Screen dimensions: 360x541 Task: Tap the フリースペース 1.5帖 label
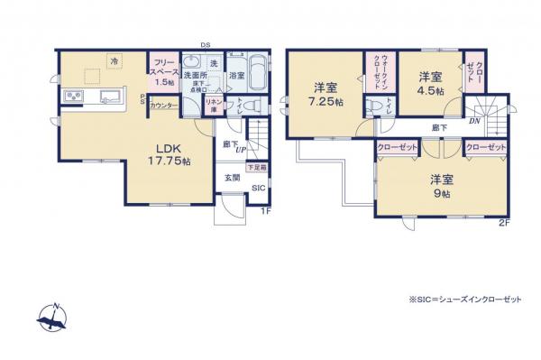point(163,72)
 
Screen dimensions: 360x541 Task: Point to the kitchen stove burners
point(72,97)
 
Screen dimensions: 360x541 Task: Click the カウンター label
point(163,106)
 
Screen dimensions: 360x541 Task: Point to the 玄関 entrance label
point(233,177)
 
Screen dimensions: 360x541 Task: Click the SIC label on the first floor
point(258,189)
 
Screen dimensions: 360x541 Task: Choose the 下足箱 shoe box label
point(256,168)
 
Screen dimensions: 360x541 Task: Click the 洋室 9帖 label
point(441,184)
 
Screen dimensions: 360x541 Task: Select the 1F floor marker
point(266,211)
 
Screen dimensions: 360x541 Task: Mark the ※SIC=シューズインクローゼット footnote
point(457,300)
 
